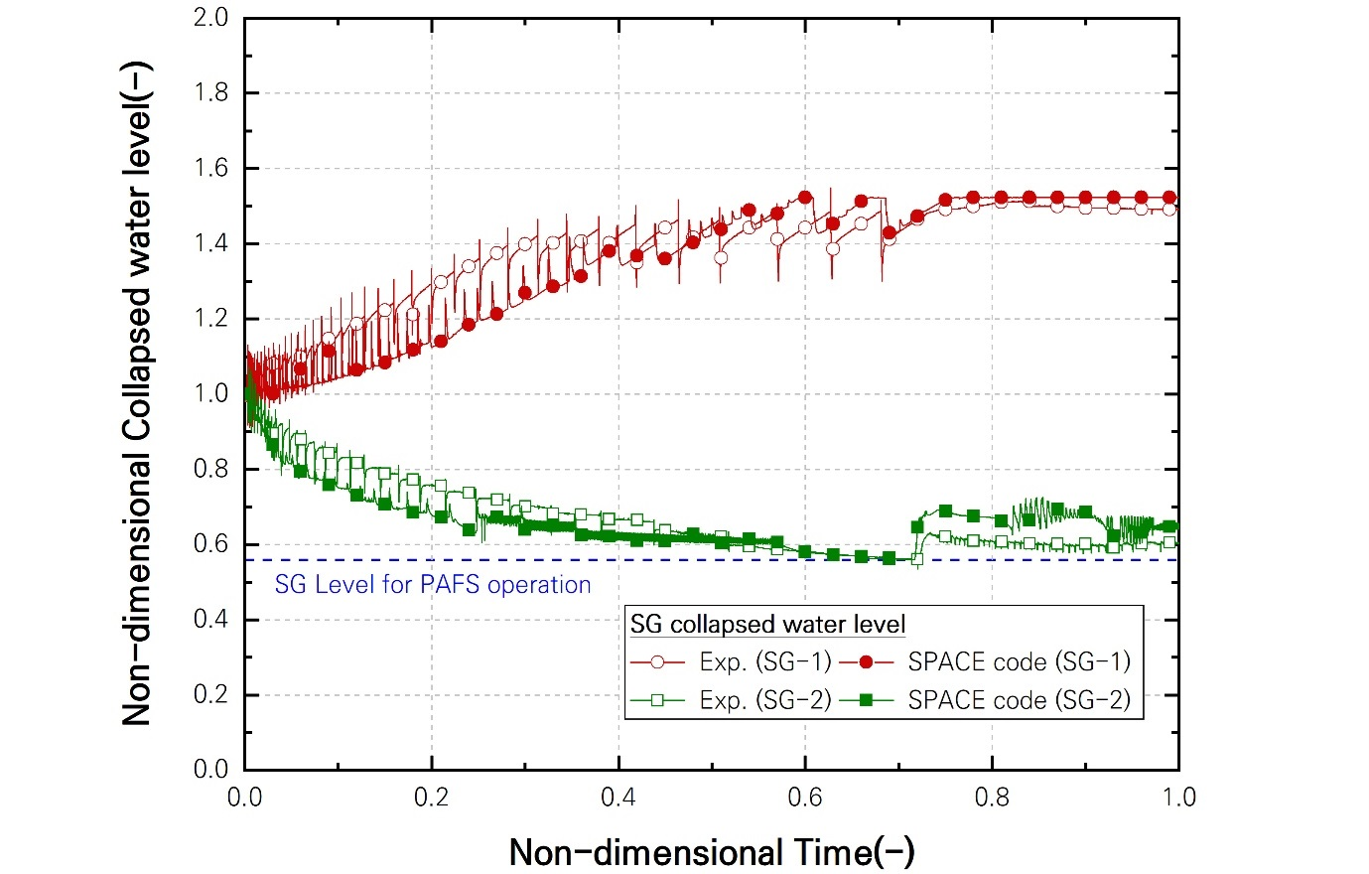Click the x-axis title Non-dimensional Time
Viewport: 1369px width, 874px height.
[711, 851]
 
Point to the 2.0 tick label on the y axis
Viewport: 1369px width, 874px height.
[210, 18]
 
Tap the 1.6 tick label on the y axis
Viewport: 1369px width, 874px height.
[210, 169]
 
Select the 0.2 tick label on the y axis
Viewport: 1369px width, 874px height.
[210, 694]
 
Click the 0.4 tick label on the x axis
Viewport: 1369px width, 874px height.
[618, 798]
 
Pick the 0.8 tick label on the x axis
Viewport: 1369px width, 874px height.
[992, 798]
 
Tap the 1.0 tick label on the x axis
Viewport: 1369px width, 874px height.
[1178, 798]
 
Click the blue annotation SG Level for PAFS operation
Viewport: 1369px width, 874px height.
[433, 585]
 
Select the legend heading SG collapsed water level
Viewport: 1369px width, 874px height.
[768, 625]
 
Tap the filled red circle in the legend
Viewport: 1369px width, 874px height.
[866, 662]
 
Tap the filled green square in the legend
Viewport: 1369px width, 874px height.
[866, 700]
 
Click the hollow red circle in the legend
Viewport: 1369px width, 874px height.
[657, 662]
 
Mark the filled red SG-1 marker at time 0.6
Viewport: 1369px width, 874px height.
[805, 198]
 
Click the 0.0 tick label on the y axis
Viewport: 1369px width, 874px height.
[210, 770]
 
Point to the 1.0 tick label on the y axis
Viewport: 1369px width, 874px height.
[210, 394]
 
